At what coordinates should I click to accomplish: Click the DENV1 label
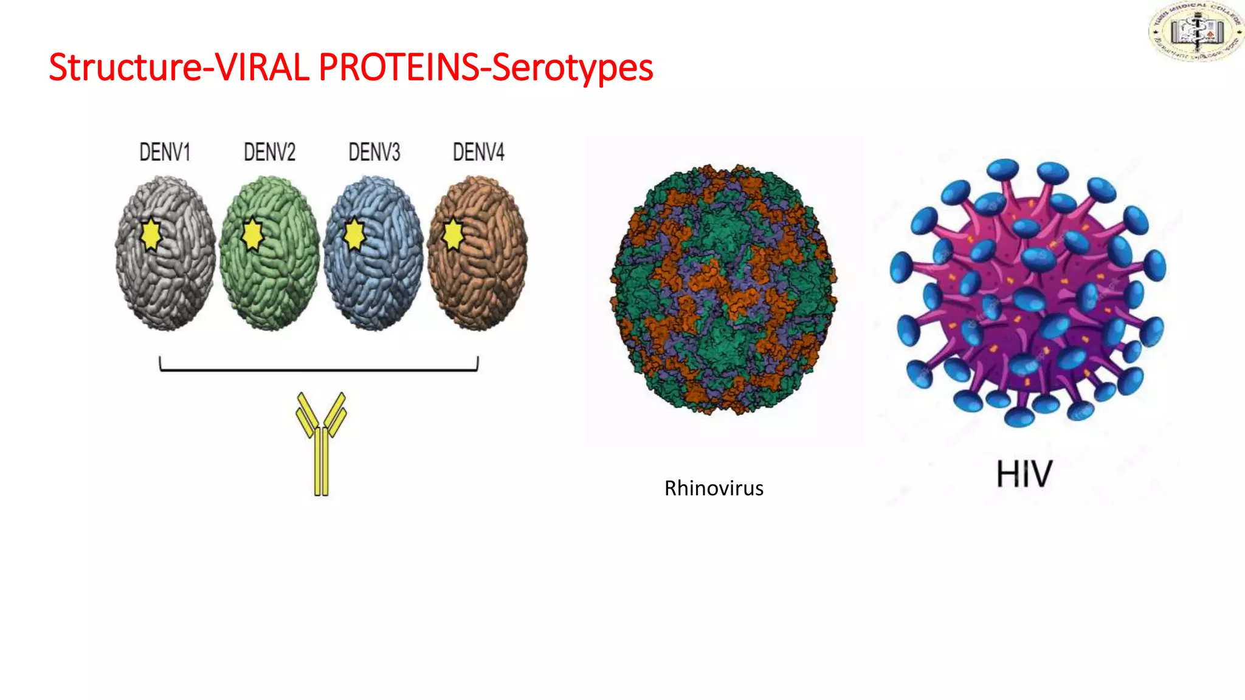[165, 152]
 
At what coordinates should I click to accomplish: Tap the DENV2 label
[269, 152]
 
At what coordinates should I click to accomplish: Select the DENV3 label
[374, 152]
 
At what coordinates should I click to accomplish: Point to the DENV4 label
[478, 152]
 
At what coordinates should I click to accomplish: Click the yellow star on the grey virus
[150, 235]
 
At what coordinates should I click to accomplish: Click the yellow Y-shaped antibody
[322, 444]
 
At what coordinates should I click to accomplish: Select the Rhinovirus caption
[714, 488]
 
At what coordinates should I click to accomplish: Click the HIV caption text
[1024, 475]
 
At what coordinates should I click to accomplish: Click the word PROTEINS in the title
[399, 67]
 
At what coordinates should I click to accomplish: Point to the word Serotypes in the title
[572, 67]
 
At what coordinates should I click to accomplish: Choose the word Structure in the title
[124, 67]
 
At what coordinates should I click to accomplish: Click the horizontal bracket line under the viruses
[319, 369]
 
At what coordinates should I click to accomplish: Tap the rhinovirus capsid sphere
[723, 290]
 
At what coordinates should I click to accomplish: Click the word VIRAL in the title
[263, 67]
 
